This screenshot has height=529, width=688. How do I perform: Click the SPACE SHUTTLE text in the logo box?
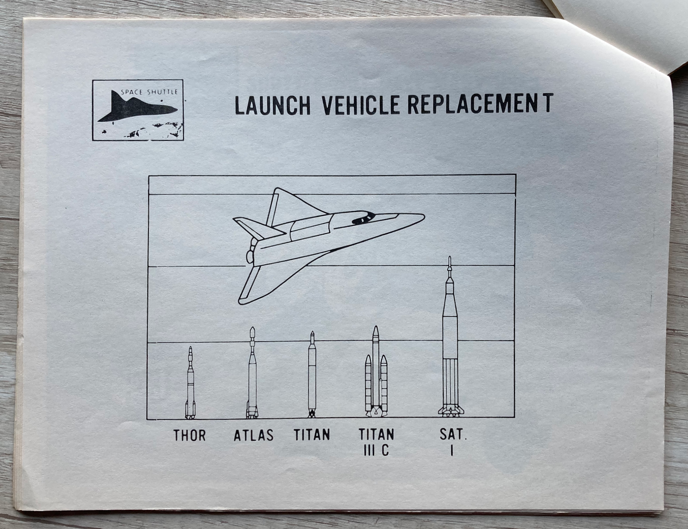pyautogui.click(x=149, y=92)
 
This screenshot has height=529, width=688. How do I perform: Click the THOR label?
pyautogui.click(x=190, y=435)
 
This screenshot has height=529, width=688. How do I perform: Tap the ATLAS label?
pyautogui.click(x=254, y=435)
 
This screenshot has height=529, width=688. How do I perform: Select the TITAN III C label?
pyautogui.click(x=377, y=443)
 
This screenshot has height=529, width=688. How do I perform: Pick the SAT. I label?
pyautogui.click(x=453, y=442)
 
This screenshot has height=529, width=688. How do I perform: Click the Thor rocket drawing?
pyautogui.click(x=190, y=383)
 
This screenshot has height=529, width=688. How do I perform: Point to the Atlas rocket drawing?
pyautogui.click(x=252, y=373)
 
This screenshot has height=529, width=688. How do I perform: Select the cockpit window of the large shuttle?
pyautogui.click(x=363, y=219)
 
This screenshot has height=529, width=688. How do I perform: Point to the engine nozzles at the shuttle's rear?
pyautogui.click(x=250, y=252)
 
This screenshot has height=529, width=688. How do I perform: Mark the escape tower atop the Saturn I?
pyautogui.click(x=449, y=267)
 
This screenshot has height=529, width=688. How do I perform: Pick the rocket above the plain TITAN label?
pyautogui.click(x=312, y=374)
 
